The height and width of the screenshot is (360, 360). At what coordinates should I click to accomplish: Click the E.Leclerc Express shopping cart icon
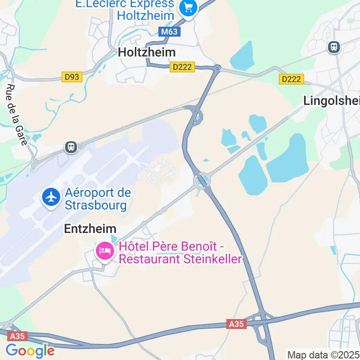188,9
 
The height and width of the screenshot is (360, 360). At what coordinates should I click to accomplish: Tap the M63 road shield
170,32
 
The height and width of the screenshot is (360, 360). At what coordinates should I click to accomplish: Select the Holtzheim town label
146,52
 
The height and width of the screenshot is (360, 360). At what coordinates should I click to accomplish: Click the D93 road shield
72,77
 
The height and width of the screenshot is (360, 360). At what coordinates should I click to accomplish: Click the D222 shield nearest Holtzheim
182,67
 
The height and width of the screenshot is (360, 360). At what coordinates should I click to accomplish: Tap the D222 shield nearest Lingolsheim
291,79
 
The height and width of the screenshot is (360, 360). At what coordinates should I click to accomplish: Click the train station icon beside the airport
71,147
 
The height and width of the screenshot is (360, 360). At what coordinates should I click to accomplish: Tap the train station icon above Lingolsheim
334,46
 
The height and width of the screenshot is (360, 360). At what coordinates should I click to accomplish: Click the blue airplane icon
51,198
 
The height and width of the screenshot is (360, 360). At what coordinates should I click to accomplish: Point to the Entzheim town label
90,229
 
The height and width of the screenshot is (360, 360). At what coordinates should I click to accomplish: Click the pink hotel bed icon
105,251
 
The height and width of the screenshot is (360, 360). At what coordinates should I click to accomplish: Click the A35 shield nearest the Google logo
17,336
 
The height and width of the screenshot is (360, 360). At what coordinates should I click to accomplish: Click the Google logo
30,351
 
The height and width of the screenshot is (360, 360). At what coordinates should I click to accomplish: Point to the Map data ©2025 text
323,355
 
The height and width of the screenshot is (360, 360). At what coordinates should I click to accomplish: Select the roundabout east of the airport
202,181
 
